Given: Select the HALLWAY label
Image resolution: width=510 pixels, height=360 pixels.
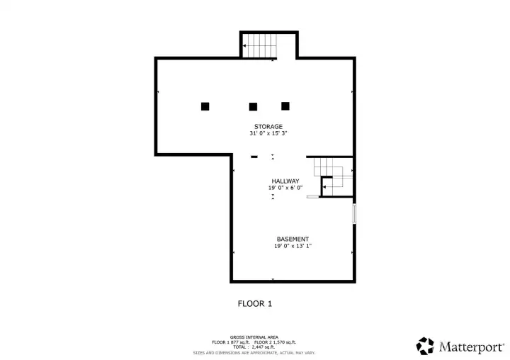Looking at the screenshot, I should tap(285, 181).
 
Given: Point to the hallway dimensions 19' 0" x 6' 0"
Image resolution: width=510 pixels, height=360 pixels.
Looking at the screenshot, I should tap(285, 188).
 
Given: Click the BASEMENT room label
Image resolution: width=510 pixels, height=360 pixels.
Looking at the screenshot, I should tap(293, 239).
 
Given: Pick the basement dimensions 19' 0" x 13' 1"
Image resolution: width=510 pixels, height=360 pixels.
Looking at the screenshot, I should tap(293, 246).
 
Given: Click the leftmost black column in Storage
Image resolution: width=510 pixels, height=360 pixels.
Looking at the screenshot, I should tap(205, 106).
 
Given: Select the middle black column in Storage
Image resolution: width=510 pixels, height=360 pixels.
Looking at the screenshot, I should tap(253, 107).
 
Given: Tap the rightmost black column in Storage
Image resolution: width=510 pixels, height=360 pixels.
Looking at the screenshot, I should tap(285, 106).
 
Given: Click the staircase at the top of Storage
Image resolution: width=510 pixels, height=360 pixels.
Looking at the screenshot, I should tap(259, 45).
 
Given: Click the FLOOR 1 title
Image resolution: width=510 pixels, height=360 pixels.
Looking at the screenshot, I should tap(254, 303).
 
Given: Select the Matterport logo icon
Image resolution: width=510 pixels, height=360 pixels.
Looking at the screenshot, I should tap(425, 346).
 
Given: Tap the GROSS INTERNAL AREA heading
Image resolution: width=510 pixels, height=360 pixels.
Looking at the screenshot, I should tap(254, 337).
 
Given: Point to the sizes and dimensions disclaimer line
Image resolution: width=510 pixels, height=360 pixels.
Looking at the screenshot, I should tap(254, 352).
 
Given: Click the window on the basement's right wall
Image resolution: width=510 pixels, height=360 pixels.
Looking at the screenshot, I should tap(354, 214).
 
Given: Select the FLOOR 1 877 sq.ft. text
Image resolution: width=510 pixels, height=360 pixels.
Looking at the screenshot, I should tap(232, 342).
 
